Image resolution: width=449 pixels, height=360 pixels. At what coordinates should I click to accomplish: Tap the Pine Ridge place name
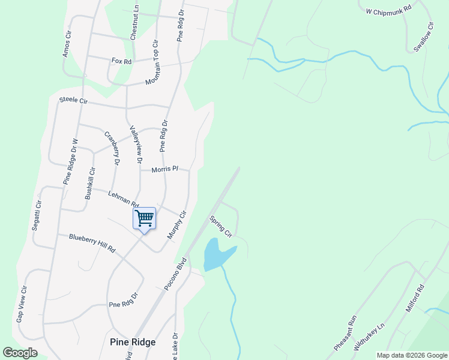pos(133,342)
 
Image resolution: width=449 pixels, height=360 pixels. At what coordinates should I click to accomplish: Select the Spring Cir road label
pos(220,226)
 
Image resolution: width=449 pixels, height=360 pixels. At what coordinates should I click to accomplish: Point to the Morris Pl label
pos(165,170)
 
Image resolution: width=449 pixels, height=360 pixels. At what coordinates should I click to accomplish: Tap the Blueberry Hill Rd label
pos(92,243)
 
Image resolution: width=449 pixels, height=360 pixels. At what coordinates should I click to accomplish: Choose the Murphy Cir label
pos(177,225)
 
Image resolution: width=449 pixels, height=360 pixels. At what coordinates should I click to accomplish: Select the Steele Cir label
pos(73,101)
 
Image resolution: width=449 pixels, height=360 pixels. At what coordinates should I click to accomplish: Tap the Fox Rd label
pos(121,61)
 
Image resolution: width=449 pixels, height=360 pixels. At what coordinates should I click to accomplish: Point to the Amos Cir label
pos(67,45)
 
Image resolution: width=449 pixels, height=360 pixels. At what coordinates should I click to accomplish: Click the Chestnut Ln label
pos(134,23)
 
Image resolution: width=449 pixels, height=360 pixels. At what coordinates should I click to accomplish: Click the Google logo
pos(20,353)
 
